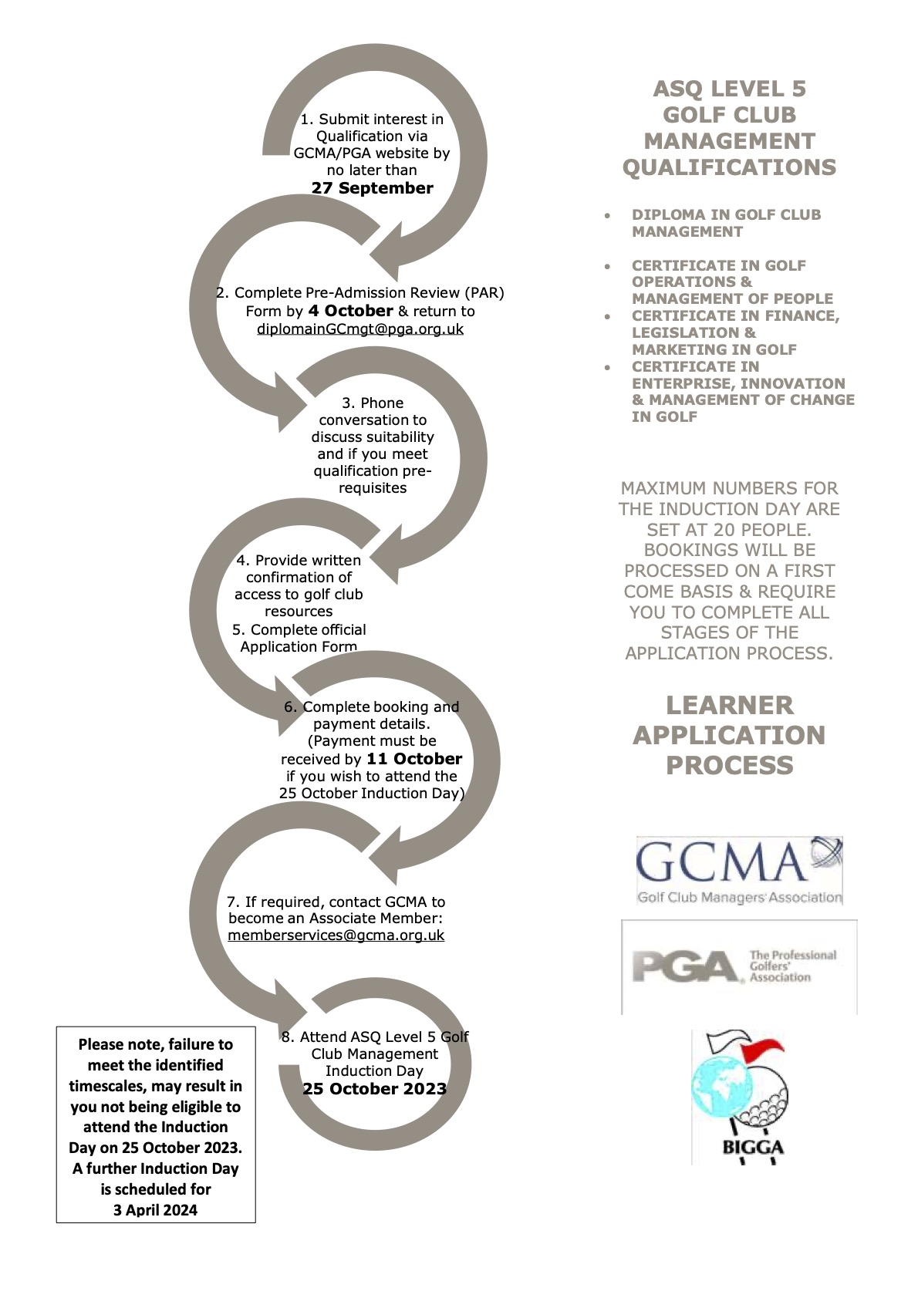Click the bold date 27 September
point(372,188)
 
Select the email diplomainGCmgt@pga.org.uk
point(360,329)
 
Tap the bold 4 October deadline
point(350,311)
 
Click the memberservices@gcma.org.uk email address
point(336,935)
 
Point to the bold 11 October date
point(414,759)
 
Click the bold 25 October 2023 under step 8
point(374,1088)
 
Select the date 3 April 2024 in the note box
point(155,1210)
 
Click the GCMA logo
point(738,870)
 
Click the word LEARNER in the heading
point(729,705)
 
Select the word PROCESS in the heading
point(729,765)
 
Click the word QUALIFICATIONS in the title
point(729,167)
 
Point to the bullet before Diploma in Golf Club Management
point(609,216)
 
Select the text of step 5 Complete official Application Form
point(299,638)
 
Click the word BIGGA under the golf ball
point(752,1147)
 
